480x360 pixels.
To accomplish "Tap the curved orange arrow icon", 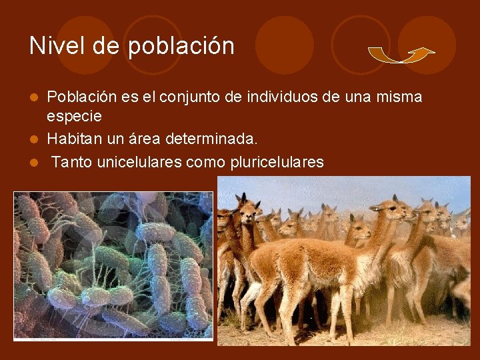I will point(401,55).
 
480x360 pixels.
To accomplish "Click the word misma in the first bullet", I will point(401,97).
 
